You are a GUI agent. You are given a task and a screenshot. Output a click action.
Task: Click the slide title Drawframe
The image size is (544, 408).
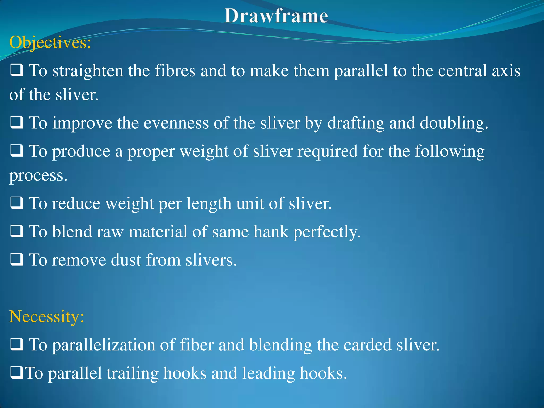click(x=276, y=16)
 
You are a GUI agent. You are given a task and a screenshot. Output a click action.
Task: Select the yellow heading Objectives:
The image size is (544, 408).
click(x=50, y=42)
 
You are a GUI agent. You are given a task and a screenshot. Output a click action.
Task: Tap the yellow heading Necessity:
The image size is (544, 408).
click(x=47, y=316)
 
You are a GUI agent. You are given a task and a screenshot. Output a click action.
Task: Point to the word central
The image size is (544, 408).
click(x=462, y=71)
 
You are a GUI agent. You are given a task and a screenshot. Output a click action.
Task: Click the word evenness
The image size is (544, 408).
click(x=176, y=123)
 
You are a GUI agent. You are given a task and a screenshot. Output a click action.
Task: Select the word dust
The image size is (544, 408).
click(x=126, y=260)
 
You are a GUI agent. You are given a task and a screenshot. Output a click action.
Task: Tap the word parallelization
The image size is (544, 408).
click(x=104, y=345)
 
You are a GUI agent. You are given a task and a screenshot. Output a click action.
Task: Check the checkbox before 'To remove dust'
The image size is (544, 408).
click(x=17, y=260)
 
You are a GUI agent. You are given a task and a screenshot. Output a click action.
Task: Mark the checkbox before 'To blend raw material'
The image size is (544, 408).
click(x=17, y=231)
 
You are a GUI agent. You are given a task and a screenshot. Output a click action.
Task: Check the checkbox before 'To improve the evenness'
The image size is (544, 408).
click(x=17, y=122)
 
